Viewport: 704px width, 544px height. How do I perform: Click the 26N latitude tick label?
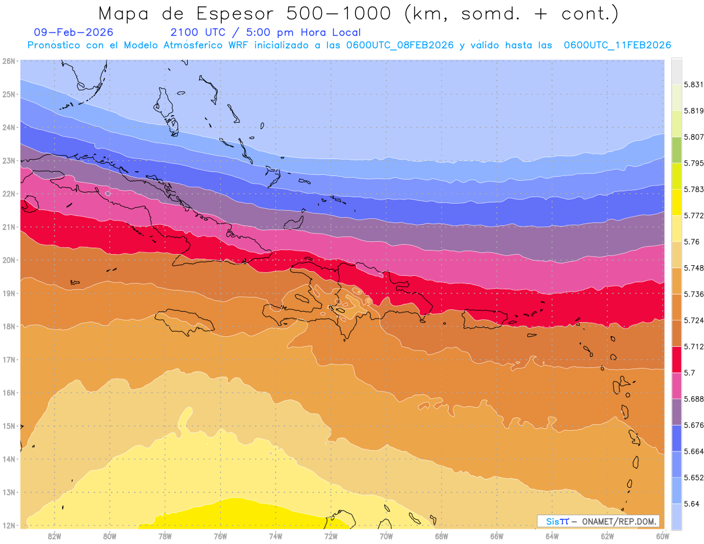point(8,61)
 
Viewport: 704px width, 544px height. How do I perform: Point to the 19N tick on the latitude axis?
point(8,293)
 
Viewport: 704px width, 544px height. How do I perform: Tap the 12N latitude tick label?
point(8,525)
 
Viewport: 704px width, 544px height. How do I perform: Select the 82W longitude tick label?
point(55,536)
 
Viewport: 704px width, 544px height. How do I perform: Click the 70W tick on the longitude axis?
point(386,536)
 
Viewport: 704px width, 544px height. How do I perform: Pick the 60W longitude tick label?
point(663,536)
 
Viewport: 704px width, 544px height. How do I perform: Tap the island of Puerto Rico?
point(485,320)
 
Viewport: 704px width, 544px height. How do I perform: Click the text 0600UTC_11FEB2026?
point(617,45)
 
